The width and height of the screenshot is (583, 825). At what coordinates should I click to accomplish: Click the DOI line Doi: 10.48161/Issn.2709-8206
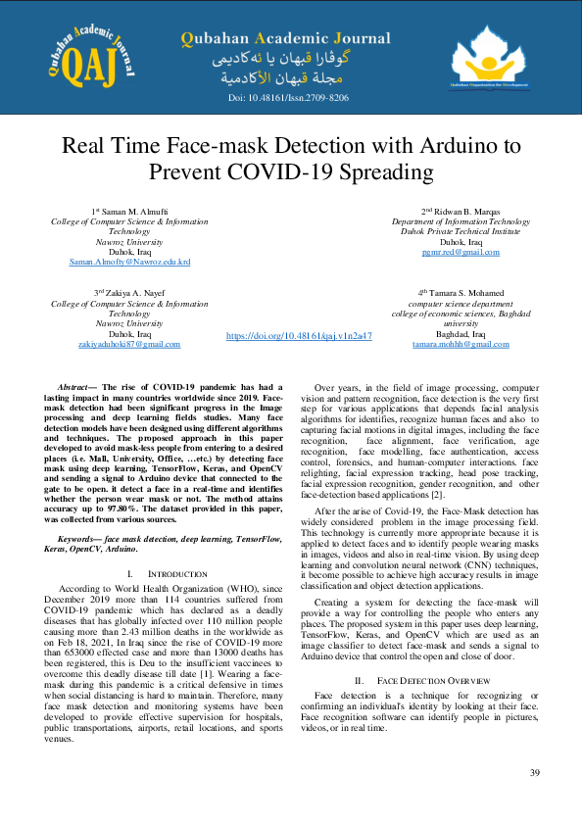tap(288, 99)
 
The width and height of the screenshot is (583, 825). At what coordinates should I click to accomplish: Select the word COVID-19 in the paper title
tap(320, 173)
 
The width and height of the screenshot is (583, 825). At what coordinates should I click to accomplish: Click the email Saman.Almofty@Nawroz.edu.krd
tap(129, 263)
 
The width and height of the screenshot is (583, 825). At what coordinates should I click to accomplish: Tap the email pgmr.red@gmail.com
tap(460, 252)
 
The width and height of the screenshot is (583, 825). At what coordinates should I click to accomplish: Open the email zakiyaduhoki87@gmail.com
tap(129, 345)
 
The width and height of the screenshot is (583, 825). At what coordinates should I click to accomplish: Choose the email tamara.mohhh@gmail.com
tap(460, 345)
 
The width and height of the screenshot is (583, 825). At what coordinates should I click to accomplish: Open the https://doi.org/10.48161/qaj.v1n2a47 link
tap(299, 335)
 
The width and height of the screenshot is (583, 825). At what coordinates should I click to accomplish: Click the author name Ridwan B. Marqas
tap(466, 211)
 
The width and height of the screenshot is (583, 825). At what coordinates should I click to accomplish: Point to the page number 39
tap(535, 773)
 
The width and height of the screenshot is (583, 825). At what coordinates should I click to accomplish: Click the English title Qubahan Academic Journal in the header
tap(285, 39)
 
